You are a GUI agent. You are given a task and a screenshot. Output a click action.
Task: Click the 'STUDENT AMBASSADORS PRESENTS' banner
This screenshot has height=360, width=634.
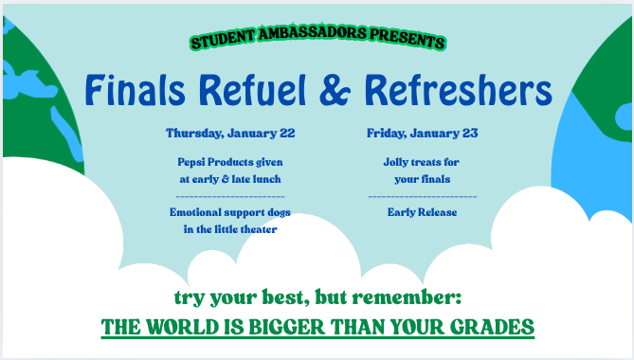coord(317,42)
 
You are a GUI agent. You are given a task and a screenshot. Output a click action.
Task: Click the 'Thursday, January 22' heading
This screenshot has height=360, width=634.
coord(230,133)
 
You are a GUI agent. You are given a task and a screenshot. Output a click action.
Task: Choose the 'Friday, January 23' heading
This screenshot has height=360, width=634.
coord(422,133)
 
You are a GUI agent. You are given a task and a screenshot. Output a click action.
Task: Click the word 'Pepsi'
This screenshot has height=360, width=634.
coord(193,162)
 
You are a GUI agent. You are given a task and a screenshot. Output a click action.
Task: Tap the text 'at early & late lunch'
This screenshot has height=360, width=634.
coord(230,178)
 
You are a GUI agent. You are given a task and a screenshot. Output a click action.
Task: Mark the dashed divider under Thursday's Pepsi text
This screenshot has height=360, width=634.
coord(230,195)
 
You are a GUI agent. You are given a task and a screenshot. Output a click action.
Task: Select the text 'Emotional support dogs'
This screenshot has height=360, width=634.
coord(230,212)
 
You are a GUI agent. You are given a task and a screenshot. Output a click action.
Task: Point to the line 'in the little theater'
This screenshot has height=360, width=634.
coord(230,229)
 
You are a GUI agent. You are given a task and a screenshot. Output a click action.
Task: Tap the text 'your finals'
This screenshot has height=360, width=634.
coord(422,178)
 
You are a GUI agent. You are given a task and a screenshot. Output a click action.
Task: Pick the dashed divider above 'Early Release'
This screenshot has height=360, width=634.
coord(422,195)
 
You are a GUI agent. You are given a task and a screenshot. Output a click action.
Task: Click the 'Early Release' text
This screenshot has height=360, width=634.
coord(422,212)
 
